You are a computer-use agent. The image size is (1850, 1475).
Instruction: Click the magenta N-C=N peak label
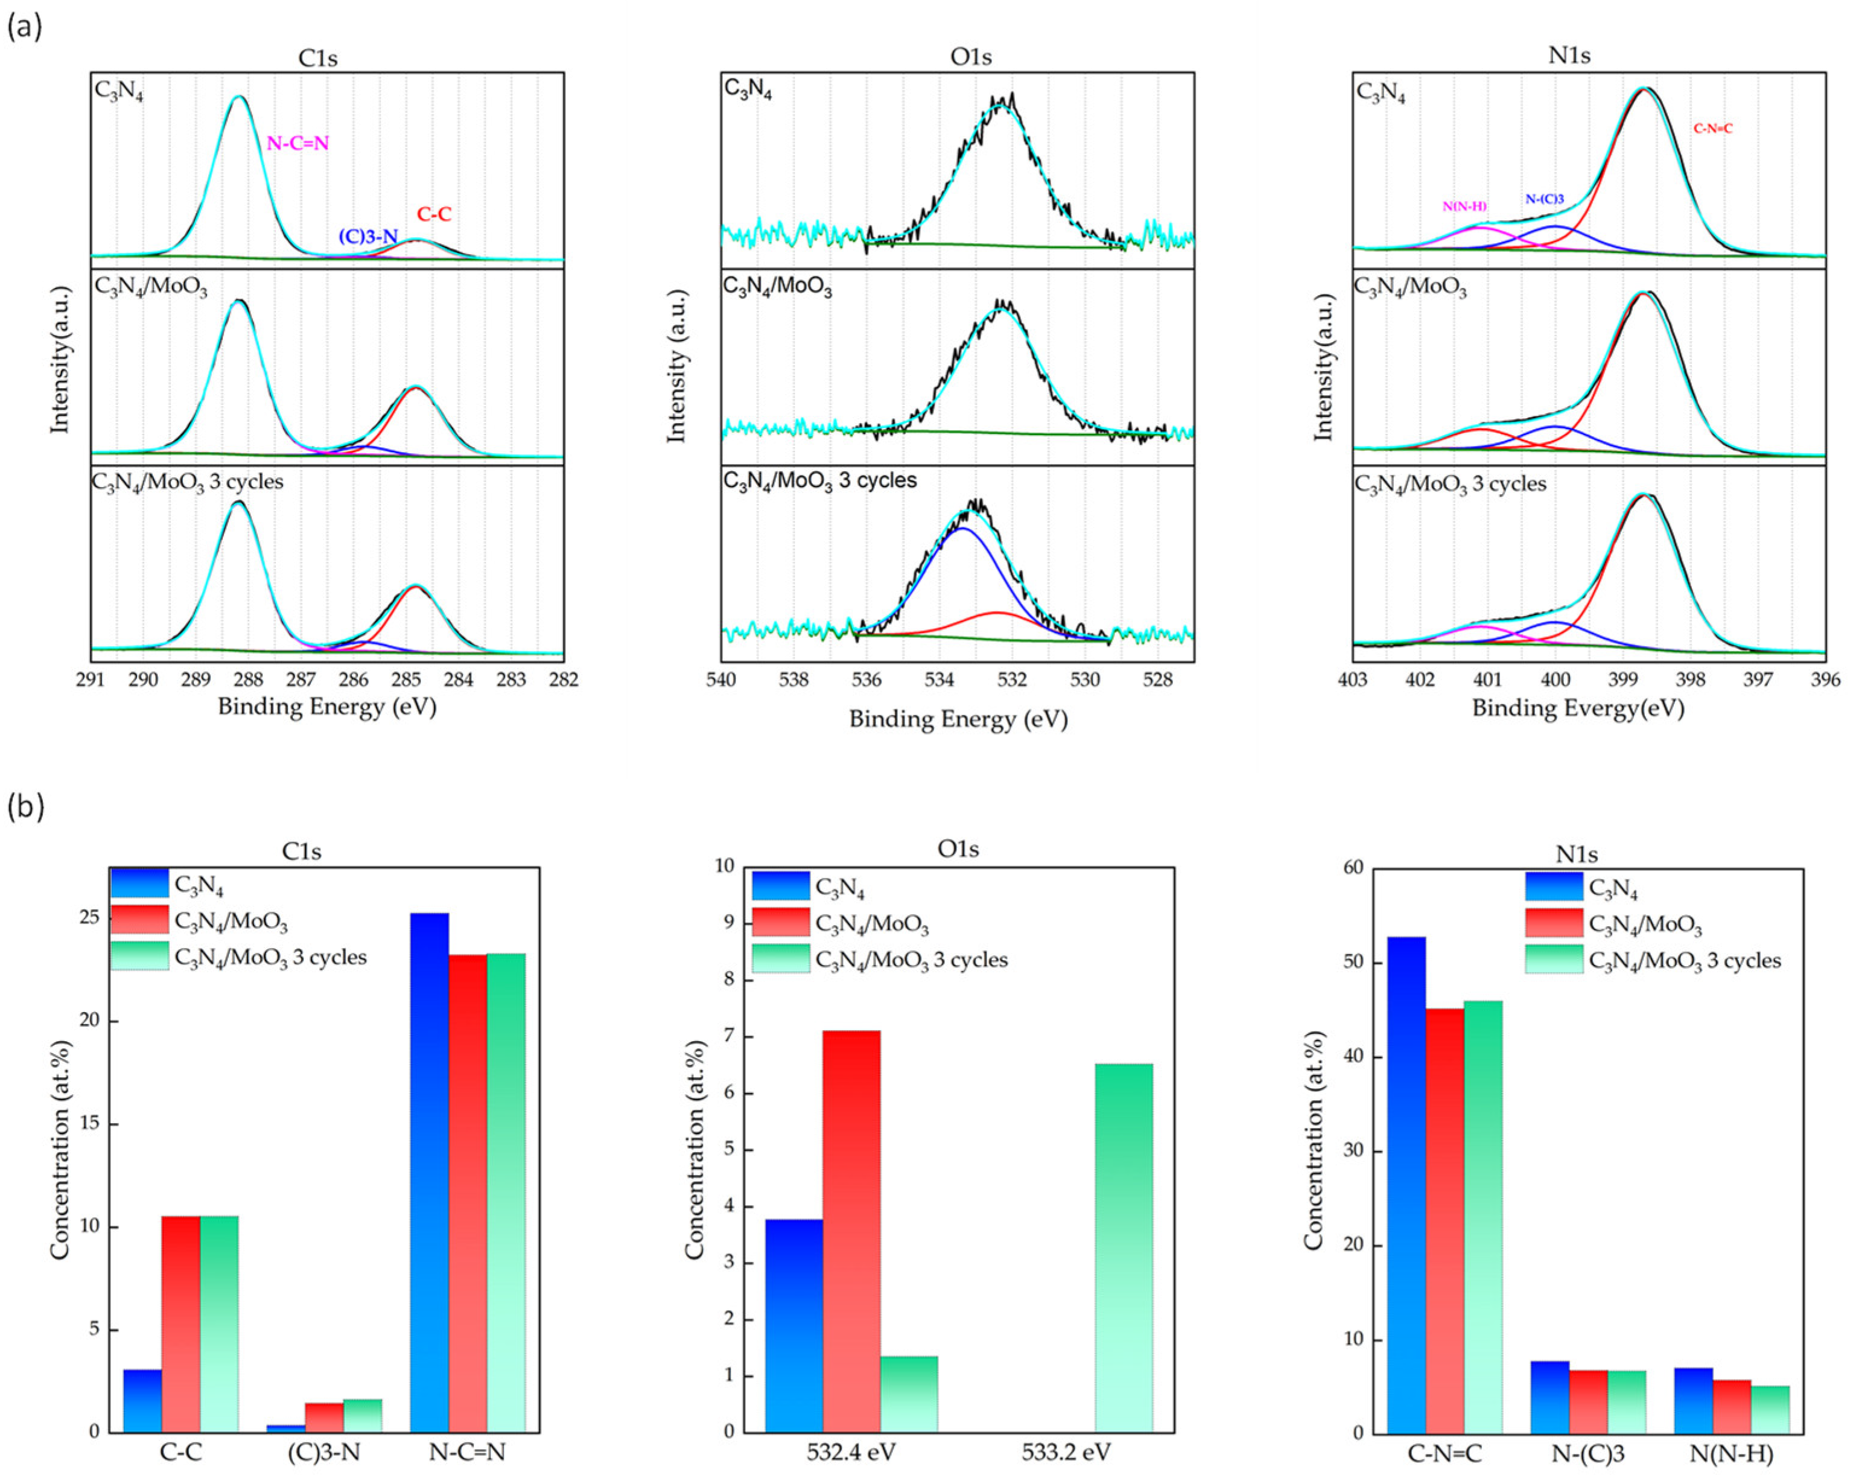[297, 143]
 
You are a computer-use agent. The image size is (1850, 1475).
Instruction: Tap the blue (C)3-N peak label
[368, 236]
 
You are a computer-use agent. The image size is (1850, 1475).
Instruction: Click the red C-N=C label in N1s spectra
[1712, 129]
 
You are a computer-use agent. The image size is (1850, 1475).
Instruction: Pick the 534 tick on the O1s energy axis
[939, 680]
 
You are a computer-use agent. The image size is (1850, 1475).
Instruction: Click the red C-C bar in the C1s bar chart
[181, 1323]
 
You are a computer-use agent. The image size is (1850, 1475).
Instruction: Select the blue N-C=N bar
[429, 1172]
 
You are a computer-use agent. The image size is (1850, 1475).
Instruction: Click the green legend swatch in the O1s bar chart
[780, 958]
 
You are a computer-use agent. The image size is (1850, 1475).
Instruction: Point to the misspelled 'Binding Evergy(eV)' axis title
[1578, 708]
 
